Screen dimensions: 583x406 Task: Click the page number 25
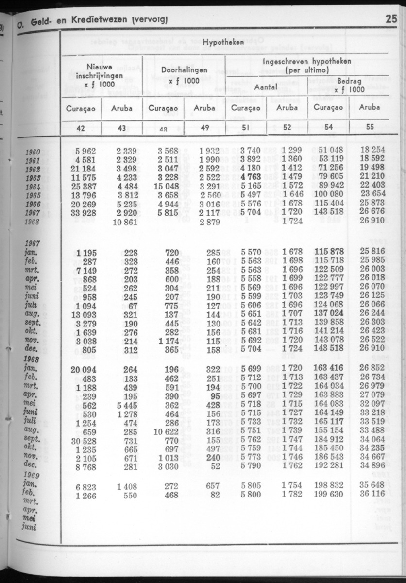[391, 19]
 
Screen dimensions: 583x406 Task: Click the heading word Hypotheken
[223, 43]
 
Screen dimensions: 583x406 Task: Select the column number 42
[81, 128]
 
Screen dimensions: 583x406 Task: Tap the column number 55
[370, 128]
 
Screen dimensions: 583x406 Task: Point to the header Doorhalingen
[184, 70]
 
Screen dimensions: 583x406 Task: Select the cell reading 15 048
[165, 186]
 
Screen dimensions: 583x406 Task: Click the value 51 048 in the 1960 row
[331, 151]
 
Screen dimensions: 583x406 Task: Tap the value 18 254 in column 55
[372, 151]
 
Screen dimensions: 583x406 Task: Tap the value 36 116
[372, 495]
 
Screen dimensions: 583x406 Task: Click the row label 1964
[33, 187]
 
